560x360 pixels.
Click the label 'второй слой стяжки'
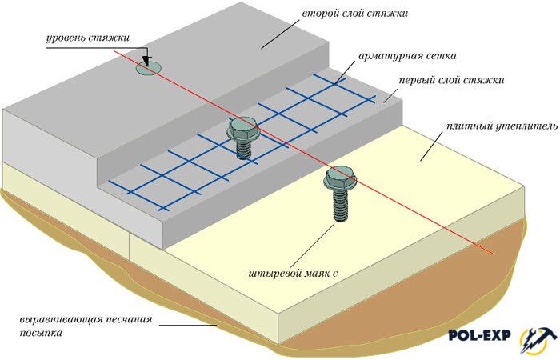354,14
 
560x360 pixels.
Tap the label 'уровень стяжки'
87,38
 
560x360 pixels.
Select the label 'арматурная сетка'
406,56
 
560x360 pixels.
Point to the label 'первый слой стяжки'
451,80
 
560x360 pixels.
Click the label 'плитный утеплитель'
502,126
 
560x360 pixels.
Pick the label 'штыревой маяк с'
293,274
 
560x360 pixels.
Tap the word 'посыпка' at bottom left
41,334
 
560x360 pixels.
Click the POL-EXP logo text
479,335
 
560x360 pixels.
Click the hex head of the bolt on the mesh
242,127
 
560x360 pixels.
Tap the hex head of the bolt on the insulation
339,178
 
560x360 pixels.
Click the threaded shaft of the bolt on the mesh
243,148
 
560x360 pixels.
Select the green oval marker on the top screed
148,68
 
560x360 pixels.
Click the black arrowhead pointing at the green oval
147,62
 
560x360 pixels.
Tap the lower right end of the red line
494,254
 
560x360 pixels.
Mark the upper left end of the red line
114,51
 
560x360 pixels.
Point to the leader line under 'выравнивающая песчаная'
188,325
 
